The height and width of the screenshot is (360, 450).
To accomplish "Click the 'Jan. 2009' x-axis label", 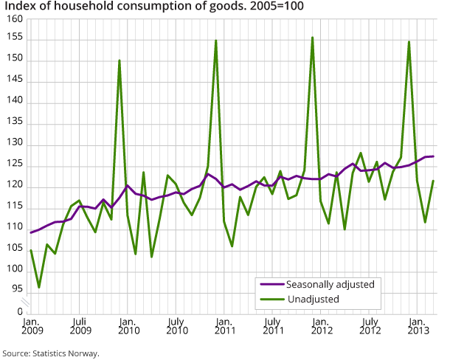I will pos(31,327).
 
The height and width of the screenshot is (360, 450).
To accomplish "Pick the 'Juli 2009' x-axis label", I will pos(79,327).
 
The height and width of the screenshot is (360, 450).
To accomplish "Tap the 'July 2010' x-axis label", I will pos(176,327).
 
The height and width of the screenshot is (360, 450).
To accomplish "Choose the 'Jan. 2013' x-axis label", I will pos(418,327).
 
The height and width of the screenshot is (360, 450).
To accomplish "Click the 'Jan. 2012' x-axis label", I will pos(321,327).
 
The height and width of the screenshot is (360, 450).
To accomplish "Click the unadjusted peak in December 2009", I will pos(120,60).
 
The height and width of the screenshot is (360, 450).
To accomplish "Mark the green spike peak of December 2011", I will pos(313,38).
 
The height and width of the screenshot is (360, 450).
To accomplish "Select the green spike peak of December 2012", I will pos(409,41).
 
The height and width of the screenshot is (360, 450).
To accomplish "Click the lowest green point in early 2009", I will pos(39,288).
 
